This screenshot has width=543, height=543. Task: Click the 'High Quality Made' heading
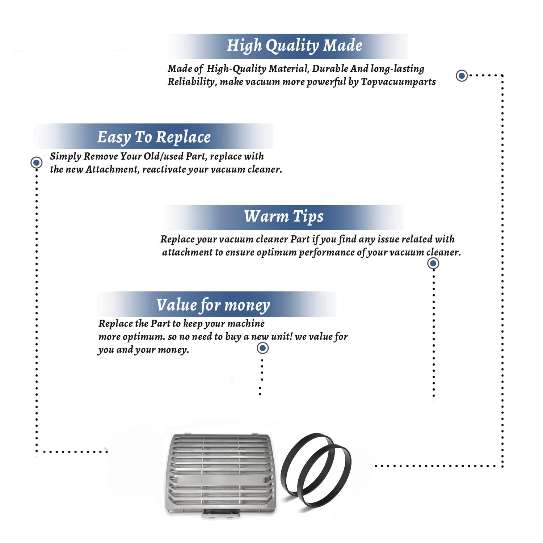pos(294,46)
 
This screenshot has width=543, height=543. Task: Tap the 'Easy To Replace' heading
pos(154,137)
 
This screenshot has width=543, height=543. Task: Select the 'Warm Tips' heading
pos(283,216)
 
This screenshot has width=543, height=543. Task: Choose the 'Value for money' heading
pos(213,305)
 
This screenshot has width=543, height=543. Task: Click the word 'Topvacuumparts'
pos(398,82)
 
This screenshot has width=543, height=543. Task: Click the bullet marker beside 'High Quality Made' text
pos(462,76)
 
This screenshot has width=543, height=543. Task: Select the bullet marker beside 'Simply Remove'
pos(36,163)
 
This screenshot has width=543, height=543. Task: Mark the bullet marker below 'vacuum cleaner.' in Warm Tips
pos(433,264)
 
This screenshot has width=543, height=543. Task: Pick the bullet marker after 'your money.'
pos(262,348)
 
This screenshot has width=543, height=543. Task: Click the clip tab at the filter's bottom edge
pos(221,513)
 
